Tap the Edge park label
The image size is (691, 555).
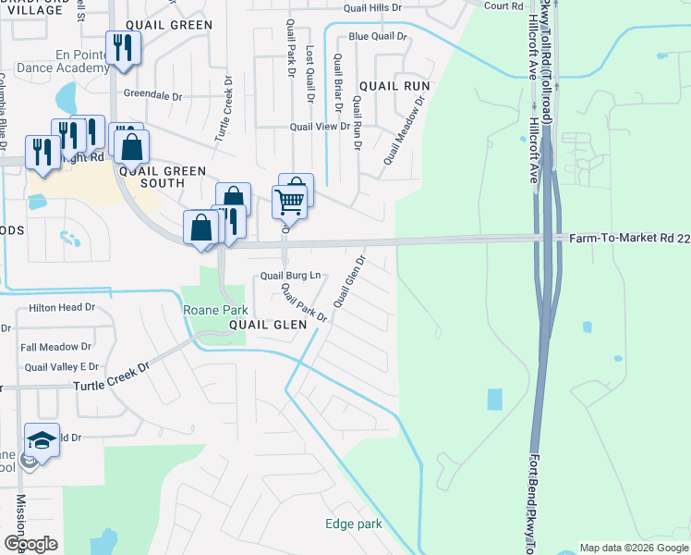tap(353, 524)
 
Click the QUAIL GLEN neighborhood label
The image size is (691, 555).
tap(268, 325)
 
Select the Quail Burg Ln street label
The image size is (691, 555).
tap(290, 275)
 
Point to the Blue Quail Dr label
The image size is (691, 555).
tap(377, 36)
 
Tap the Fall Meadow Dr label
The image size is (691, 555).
tap(55, 347)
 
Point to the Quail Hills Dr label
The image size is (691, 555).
tap(373, 7)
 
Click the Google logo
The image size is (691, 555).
tap(30, 544)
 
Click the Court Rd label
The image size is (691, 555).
tap(503, 6)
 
